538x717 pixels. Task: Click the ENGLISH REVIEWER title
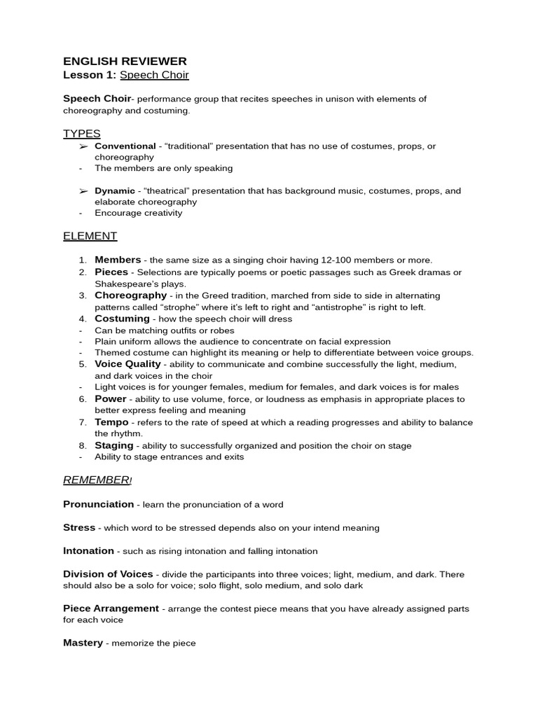(125, 62)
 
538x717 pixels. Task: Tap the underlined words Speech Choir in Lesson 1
(154, 75)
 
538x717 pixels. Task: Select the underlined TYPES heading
(82, 134)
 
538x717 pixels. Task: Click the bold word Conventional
(125, 146)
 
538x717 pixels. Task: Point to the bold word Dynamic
(115, 191)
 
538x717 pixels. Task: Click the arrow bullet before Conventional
(83, 146)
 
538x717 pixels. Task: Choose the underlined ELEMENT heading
(90, 237)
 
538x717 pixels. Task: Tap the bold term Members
(118, 260)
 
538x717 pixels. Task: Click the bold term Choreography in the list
(131, 295)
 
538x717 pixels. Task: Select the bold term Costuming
(122, 319)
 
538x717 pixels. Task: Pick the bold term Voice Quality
(128, 364)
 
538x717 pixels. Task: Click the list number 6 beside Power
(82, 399)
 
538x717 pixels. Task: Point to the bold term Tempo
(111, 422)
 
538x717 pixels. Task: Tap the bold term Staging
(114, 445)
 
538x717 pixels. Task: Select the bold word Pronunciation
(98, 504)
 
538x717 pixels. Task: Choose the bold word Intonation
(88, 551)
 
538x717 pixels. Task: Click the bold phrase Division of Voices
(108, 574)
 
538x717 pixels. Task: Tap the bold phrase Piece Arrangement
(111, 608)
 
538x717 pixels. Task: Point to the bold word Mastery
(83, 643)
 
